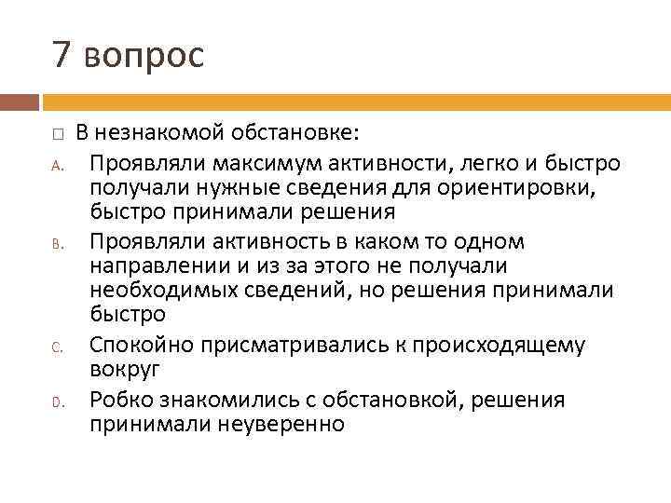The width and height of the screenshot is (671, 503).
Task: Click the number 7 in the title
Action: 62,56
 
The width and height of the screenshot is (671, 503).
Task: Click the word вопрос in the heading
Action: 143,58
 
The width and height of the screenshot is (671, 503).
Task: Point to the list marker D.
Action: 56,403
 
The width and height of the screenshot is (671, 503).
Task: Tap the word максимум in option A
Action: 263,164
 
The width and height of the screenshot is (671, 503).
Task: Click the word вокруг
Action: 126,370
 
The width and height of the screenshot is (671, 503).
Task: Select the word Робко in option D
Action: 118,400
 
